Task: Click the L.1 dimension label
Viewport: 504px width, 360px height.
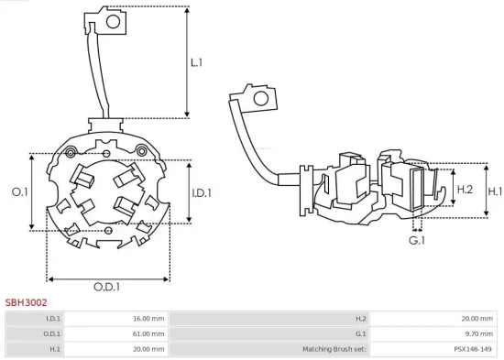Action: (x=197, y=63)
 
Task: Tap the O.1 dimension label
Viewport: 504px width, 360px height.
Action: (x=19, y=191)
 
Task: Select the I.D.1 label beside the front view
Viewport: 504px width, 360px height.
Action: (x=203, y=192)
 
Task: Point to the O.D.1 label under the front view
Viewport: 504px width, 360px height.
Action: (x=107, y=287)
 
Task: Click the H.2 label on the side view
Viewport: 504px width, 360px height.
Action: (x=465, y=189)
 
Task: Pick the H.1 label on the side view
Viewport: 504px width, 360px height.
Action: (x=494, y=191)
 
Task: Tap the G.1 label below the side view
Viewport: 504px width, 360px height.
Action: (x=417, y=240)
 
